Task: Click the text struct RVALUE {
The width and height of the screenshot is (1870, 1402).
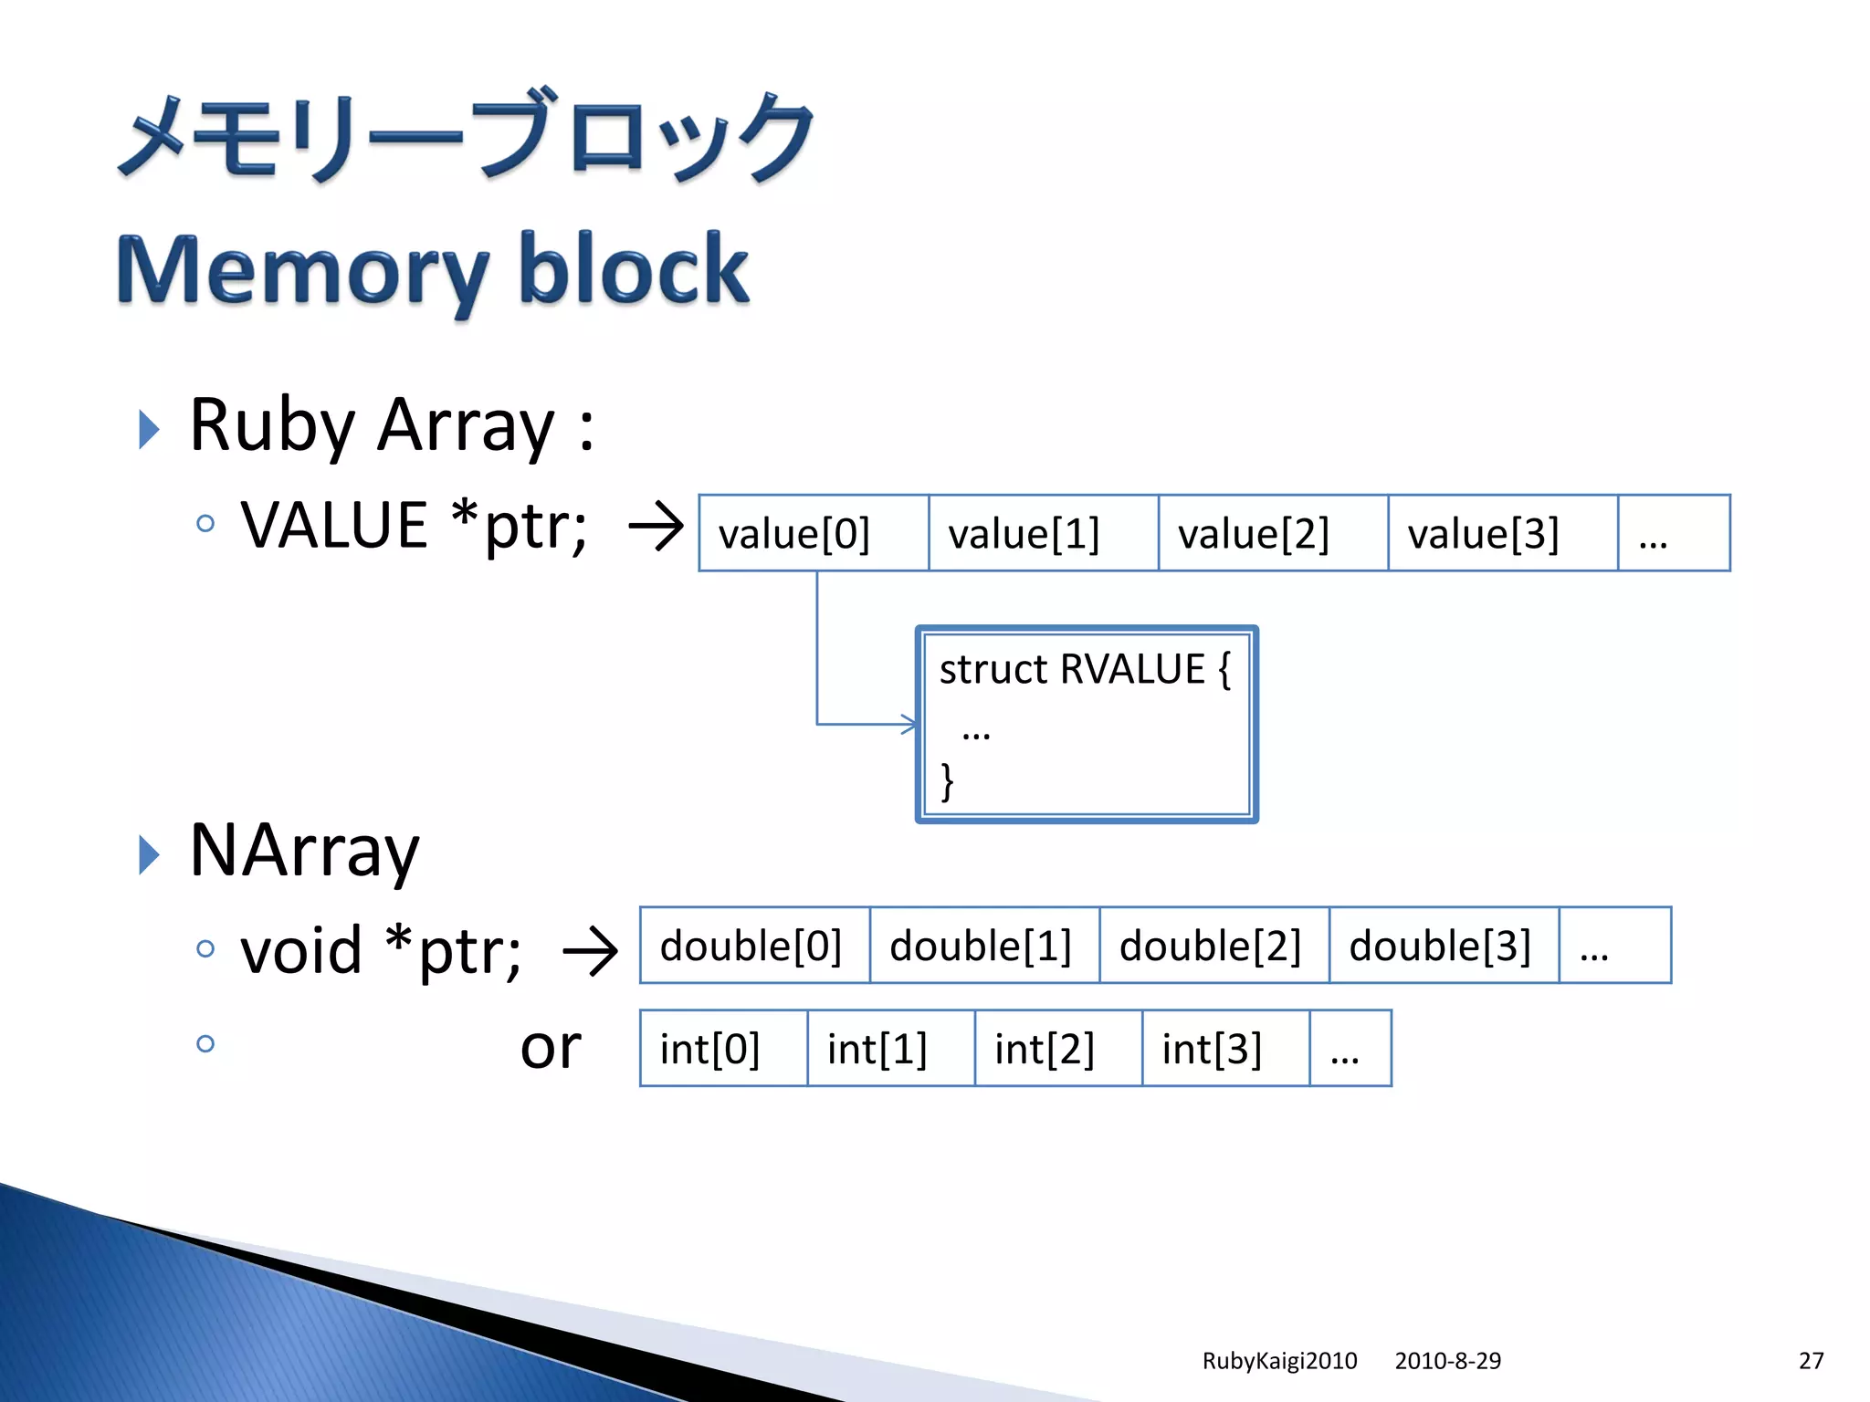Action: (x=1085, y=669)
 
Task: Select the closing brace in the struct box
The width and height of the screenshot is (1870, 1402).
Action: (x=948, y=781)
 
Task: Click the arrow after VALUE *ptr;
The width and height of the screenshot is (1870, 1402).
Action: (x=657, y=527)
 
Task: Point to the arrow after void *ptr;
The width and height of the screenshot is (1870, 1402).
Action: (x=591, y=952)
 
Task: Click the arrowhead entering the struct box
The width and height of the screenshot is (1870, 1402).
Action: (x=909, y=724)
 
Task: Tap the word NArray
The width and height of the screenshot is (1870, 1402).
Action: (x=304, y=851)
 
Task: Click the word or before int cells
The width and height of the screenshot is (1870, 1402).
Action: (x=550, y=1047)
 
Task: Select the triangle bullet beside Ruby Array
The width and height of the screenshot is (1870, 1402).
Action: (x=149, y=429)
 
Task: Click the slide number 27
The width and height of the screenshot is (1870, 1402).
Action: (x=1811, y=1361)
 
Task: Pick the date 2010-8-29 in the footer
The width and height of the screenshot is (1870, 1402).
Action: (x=1447, y=1361)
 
